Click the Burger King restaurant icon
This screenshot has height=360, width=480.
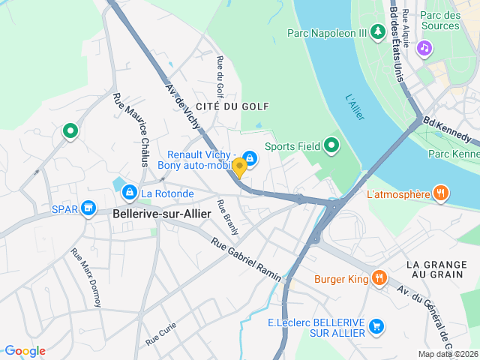coord(379,278)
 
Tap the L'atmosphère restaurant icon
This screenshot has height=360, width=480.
coord(441,193)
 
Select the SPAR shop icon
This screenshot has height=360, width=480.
coord(88,207)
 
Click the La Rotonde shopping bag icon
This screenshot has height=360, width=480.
coord(130,193)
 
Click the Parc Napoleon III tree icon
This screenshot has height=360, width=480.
coord(378,32)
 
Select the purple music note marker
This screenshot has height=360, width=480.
coord(424,48)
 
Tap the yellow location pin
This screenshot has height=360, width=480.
coord(239,166)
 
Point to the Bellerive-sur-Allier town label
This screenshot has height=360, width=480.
coord(161,213)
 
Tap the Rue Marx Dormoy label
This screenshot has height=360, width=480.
coord(85,277)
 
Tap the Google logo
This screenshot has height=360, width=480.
coord(25,351)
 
